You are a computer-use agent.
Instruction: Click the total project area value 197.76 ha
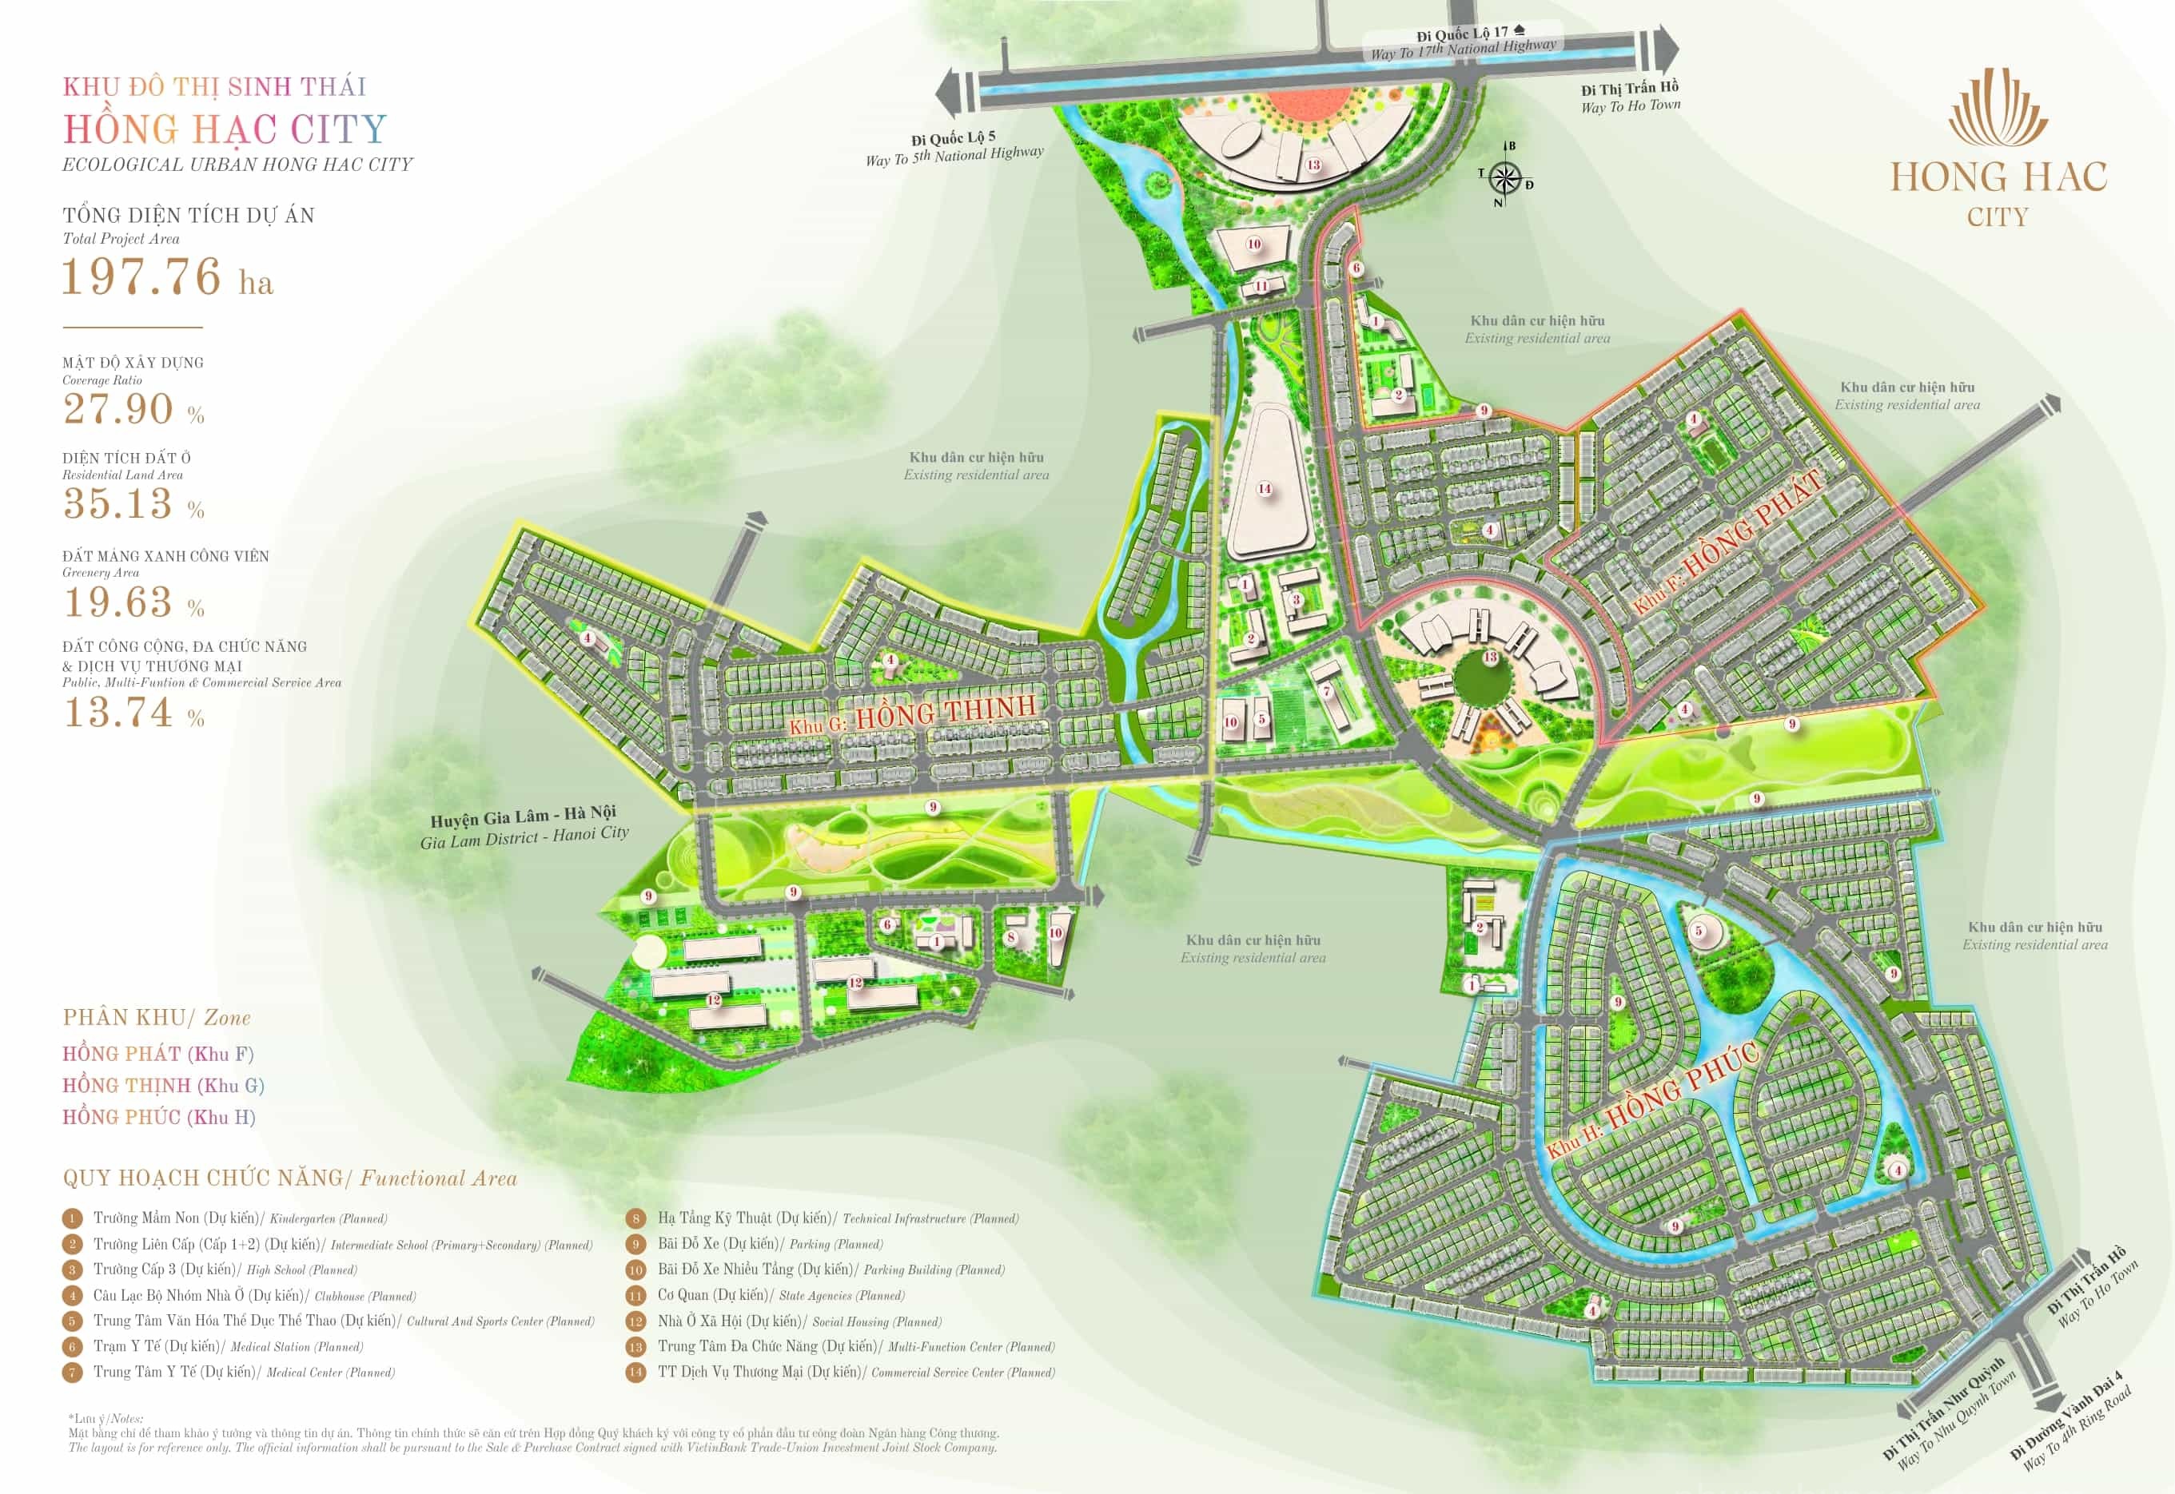166,278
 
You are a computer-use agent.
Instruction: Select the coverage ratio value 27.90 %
133,409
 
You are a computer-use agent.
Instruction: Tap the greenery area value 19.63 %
133,603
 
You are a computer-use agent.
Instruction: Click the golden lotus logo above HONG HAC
1998,109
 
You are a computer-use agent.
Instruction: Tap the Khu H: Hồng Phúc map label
1652,1101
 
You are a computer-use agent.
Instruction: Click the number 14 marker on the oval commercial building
1264,489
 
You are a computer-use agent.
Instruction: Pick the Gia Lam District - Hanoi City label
524,827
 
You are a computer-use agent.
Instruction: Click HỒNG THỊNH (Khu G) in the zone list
163,1086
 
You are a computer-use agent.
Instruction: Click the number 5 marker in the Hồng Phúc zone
1698,931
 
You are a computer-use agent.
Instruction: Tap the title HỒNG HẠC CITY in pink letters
225,129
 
